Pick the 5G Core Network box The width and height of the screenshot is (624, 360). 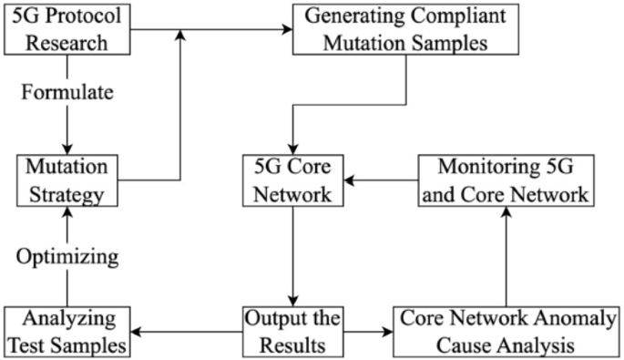pos(291,180)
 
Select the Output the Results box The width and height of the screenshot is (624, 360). pos(291,332)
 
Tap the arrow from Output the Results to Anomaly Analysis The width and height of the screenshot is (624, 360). pos(368,332)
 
